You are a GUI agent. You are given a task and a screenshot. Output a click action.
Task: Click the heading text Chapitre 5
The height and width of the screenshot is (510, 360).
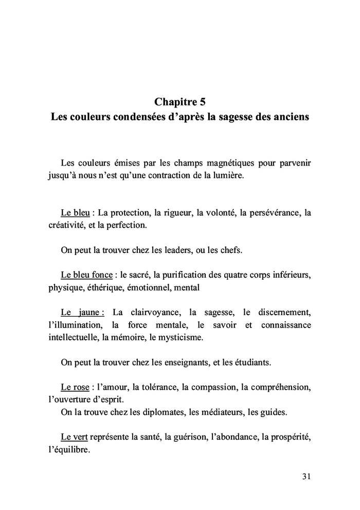(x=180, y=100)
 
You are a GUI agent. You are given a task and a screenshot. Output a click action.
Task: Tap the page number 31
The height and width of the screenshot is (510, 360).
(x=306, y=476)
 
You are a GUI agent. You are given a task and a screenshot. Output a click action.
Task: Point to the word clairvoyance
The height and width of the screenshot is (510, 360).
(x=152, y=312)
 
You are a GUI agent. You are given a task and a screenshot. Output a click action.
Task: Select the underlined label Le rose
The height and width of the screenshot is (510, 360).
(x=72, y=387)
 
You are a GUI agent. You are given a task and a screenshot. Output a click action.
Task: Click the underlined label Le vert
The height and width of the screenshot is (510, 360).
(x=74, y=436)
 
